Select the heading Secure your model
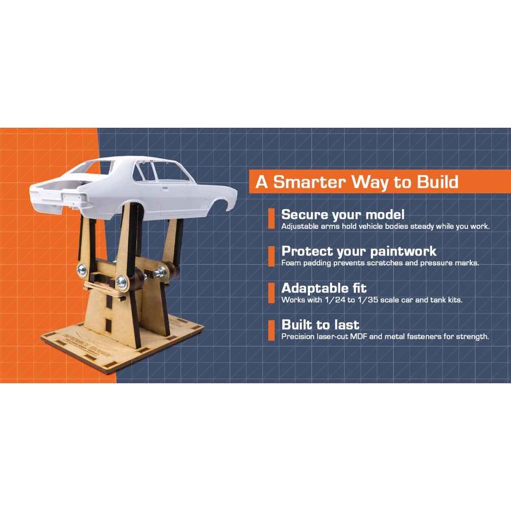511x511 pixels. (343, 215)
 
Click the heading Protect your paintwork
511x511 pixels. (359, 251)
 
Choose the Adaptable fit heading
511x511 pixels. (324, 288)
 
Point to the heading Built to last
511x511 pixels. (320, 324)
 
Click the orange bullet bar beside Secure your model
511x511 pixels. (271, 219)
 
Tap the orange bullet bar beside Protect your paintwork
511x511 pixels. (271, 257)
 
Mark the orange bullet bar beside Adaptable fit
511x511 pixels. (271, 293)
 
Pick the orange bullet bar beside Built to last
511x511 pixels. (271, 331)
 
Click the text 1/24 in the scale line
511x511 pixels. (335, 300)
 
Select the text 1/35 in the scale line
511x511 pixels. (367, 300)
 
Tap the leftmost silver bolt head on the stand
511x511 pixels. (82, 270)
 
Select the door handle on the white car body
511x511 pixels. (165, 188)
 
